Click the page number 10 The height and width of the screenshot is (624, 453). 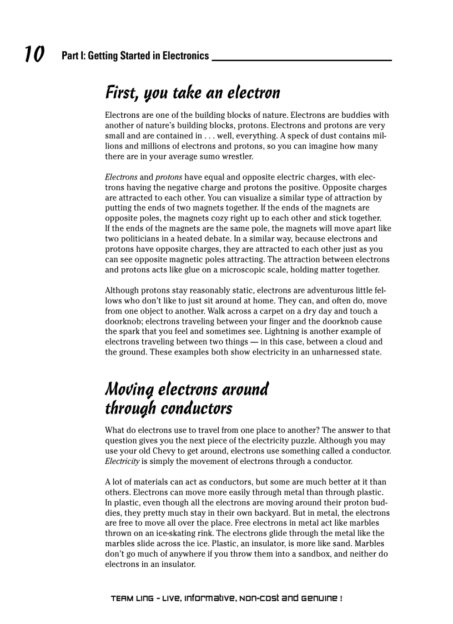pyautogui.click(x=34, y=54)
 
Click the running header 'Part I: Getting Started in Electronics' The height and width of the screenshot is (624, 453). pyautogui.click(x=135, y=56)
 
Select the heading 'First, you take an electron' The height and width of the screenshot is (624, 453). pyautogui.click(x=193, y=92)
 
